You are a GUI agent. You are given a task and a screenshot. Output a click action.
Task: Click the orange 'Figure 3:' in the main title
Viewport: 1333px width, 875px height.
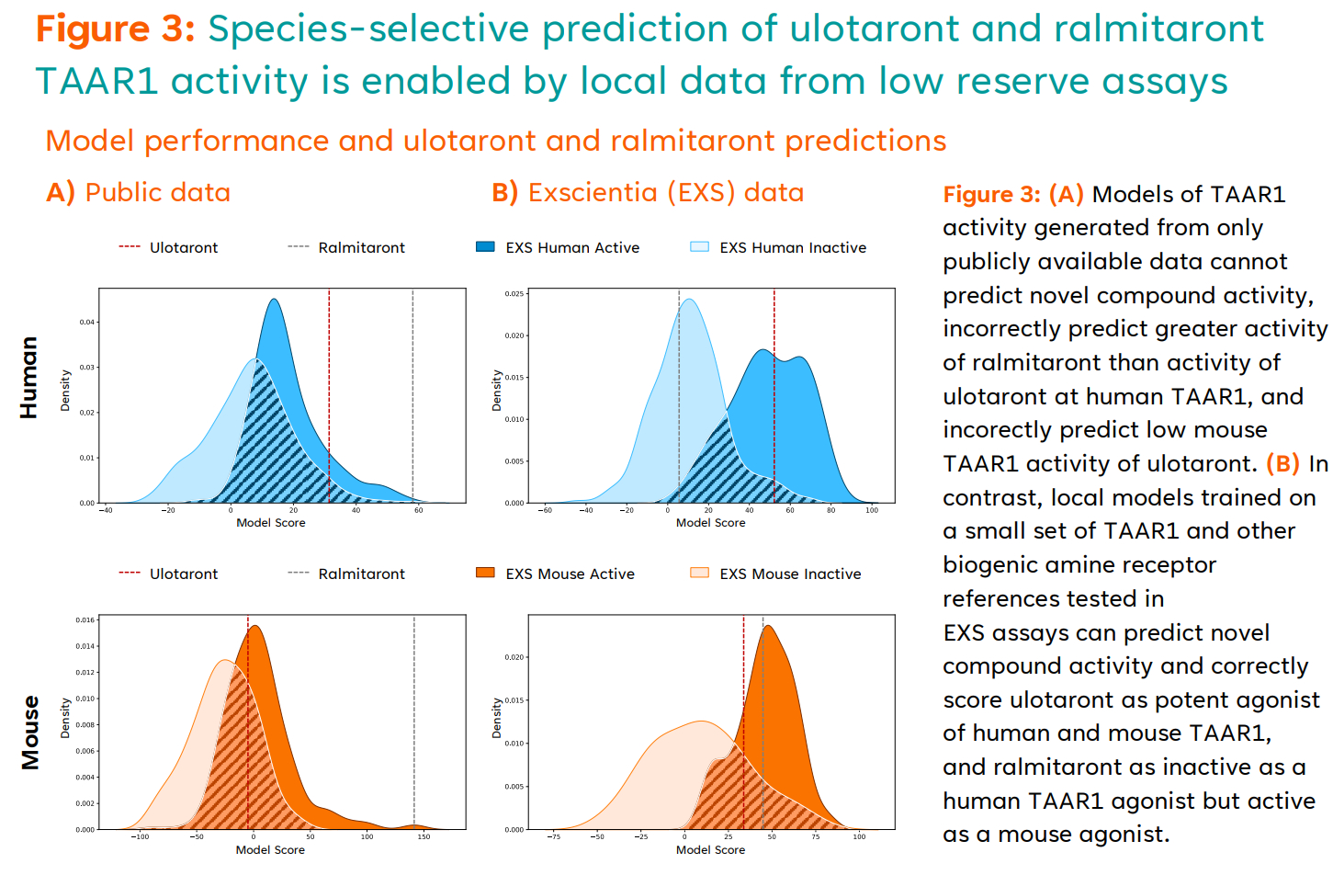coord(115,28)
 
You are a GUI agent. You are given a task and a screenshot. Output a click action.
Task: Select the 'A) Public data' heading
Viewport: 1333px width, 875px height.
coord(139,193)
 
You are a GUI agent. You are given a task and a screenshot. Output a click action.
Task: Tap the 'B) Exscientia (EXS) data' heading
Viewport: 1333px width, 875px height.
coord(648,193)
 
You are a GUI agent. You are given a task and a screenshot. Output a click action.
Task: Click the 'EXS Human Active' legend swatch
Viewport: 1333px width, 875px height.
coord(485,247)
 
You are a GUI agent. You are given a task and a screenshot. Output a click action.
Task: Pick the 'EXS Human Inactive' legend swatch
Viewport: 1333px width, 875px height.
coord(699,247)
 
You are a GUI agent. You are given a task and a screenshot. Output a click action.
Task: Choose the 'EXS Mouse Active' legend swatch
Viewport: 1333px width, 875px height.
coord(485,574)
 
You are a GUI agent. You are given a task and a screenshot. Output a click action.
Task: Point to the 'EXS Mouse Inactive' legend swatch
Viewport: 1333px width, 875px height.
coord(699,574)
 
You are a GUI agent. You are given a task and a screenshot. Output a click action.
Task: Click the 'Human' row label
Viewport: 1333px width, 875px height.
coord(29,378)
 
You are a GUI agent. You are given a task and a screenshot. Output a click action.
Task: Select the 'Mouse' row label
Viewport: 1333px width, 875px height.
coord(29,733)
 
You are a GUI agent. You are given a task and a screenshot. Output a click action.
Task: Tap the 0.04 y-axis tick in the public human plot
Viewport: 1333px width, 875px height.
coord(87,323)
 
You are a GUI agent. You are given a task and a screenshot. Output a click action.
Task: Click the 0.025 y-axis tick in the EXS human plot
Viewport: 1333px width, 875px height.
coord(514,294)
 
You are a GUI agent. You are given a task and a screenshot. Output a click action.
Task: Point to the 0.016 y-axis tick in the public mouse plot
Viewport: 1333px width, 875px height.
coord(85,620)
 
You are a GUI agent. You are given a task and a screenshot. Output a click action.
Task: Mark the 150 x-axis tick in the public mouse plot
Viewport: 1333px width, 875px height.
coord(424,837)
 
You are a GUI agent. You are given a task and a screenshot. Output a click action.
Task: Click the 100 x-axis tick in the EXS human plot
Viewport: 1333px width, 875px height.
coord(872,510)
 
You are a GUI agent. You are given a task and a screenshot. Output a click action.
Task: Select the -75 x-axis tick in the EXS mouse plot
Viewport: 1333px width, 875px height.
coord(553,837)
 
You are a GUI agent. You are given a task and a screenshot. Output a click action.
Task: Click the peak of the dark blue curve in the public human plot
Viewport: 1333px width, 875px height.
coord(273,300)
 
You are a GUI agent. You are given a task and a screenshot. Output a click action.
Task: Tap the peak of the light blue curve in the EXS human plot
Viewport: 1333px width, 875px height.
coord(688,300)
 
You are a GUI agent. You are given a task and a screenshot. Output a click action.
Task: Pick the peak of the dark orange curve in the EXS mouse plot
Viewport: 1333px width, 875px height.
coord(767,627)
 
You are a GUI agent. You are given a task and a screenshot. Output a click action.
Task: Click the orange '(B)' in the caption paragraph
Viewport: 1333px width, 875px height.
coord(1282,464)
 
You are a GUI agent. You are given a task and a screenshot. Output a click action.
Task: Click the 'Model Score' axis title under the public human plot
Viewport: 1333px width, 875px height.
coord(271,523)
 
